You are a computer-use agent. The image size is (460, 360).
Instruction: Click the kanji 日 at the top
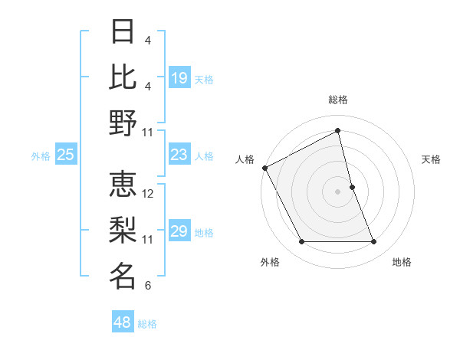coord(123,32)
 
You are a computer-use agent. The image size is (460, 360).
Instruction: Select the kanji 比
coord(123,77)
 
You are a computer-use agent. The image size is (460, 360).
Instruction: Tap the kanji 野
coord(123,123)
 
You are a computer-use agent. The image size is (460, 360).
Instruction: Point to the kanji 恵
coord(123,185)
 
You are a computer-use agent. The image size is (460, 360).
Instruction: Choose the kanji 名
coord(123,276)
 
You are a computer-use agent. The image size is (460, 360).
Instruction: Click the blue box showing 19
coord(179,77)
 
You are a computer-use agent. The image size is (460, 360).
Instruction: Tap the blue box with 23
coord(179,155)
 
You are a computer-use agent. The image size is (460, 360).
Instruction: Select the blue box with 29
coord(179,232)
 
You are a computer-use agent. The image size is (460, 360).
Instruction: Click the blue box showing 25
coord(65,155)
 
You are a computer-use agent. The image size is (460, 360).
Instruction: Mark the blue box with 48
coord(122,322)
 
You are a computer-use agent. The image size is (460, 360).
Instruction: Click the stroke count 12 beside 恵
coord(148,194)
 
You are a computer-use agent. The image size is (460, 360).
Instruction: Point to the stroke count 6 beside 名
coord(147,286)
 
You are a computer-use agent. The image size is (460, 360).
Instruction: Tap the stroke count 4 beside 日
coord(147,41)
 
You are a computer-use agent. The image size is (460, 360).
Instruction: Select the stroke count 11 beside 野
coord(148,132)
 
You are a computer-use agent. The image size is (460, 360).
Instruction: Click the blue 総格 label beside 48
coord(147,324)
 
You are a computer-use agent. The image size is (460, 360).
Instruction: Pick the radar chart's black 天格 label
coord(431,159)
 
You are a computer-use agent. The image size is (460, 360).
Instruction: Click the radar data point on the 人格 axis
coord(264,167)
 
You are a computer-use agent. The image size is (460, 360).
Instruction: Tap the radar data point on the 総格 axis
coord(338,131)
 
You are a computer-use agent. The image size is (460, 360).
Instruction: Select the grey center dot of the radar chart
coord(337,191)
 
